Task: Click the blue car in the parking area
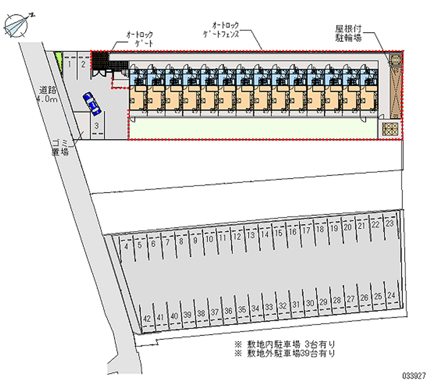coord(92,104)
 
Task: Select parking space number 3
coord(96,127)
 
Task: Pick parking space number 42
coord(146,318)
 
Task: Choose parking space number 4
coord(126,247)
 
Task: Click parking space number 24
coord(391,296)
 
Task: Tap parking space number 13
coord(250,236)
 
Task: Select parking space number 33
coord(269,307)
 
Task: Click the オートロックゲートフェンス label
coord(225,30)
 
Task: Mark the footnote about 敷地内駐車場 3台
coord(284,344)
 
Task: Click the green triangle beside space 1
coord(58,61)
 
